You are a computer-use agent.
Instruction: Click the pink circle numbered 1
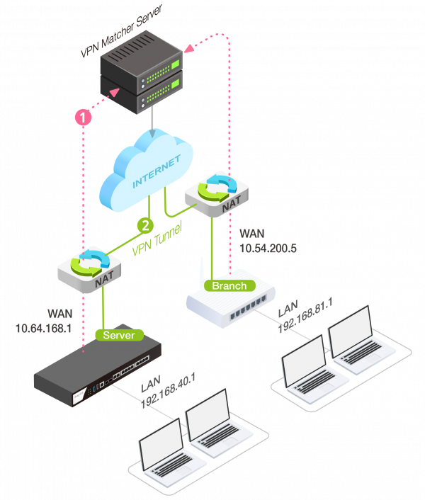84,118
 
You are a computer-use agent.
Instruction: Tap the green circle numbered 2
144,226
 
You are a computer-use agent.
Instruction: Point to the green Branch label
229,285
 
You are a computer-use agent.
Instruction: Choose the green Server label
118,334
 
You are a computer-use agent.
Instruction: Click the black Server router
99,372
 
